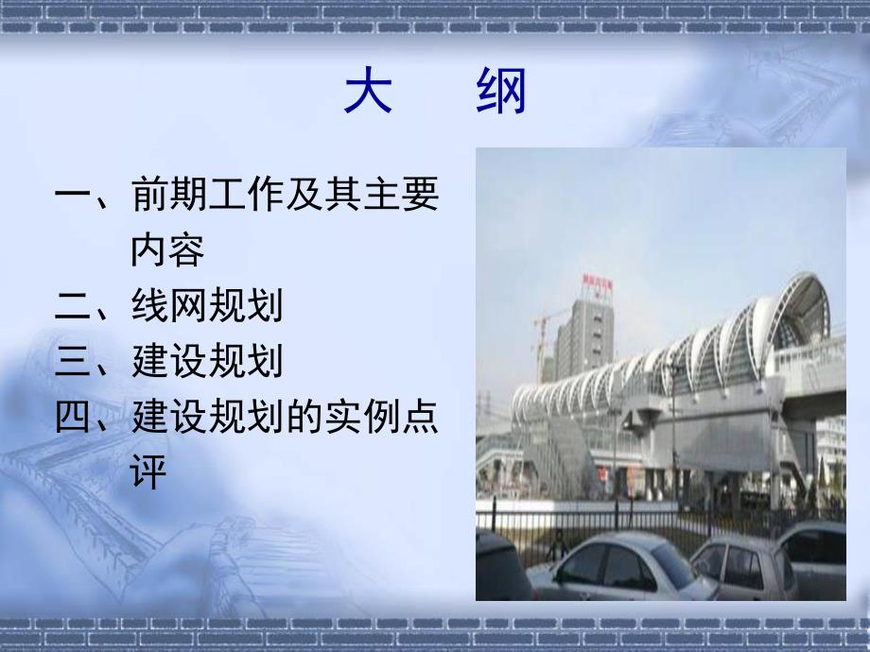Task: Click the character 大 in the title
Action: [x=367, y=94]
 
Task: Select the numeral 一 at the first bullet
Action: [x=72, y=197]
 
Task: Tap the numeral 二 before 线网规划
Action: [x=72, y=307]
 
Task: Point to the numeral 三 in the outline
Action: [x=72, y=362]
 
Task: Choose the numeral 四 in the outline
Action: [x=72, y=417]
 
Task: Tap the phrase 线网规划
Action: [x=207, y=307]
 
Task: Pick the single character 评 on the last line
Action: [x=148, y=472]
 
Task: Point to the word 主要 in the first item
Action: [x=401, y=197]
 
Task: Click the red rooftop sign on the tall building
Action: [x=599, y=284]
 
